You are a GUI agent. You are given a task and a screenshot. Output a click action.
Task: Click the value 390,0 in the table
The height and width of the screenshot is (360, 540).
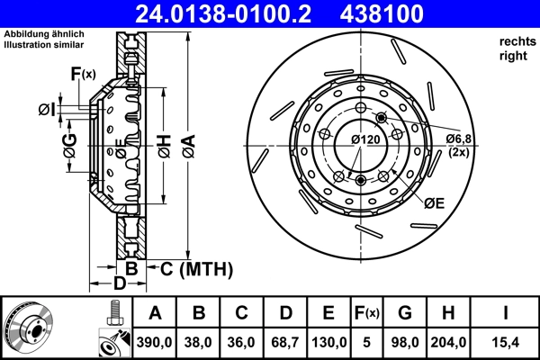tap(155, 343)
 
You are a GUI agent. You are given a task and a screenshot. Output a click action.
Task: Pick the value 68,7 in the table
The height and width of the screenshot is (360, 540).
tap(283, 343)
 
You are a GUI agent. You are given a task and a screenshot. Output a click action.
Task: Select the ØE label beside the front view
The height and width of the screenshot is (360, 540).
tap(434, 203)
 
